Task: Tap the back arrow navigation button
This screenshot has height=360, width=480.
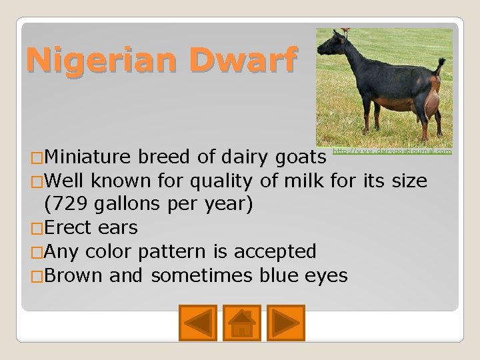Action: point(198,323)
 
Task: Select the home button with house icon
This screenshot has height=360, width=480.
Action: point(241,323)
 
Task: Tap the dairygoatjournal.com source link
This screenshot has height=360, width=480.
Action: point(391,152)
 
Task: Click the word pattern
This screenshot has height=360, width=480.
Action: point(164,251)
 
